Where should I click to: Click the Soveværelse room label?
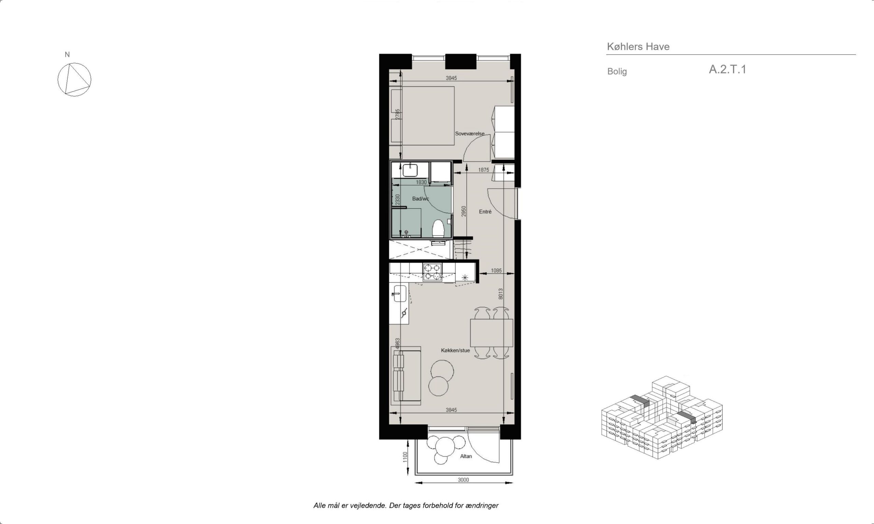[x=469, y=134]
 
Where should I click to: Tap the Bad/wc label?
[x=420, y=199]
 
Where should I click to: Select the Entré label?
[x=485, y=212]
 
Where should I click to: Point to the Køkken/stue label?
[x=455, y=350]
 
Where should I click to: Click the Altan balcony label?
[x=466, y=456]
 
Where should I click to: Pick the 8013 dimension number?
[x=501, y=294]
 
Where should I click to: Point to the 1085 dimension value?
[x=496, y=271]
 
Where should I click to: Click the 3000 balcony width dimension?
[x=463, y=480]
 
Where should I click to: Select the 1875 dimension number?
[x=484, y=170]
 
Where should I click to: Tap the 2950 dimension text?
[x=464, y=212]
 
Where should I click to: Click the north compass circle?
[x=74, y=79]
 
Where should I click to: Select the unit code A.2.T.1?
[x=728, y=69]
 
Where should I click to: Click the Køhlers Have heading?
[x=638, y=47]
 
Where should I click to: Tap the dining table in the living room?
[x=491, y=333]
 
